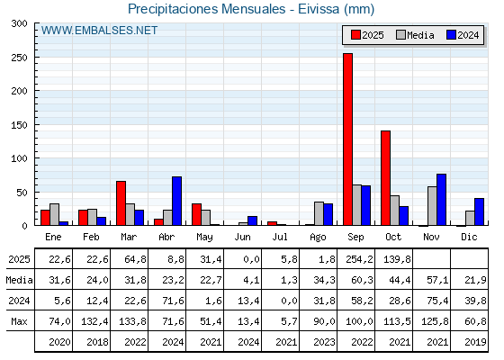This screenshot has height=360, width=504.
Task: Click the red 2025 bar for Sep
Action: (347, 139)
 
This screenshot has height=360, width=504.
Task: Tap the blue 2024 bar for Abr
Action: (177, 201)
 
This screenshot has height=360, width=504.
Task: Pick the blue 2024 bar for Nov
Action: (441, 199)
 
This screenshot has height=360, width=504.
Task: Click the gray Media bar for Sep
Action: (357, 205)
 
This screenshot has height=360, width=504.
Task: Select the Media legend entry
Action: (414, 35)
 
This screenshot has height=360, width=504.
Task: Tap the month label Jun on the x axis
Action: (243, 237)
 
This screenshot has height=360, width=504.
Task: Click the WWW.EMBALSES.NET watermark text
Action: (99, 31)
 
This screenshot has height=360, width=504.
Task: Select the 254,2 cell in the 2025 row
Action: (356, 259)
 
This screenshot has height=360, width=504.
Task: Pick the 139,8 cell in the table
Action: (394, 259)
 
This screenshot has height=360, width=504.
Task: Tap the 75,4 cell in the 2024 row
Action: (432, 301)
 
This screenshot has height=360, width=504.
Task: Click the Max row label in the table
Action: (18, 321)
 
